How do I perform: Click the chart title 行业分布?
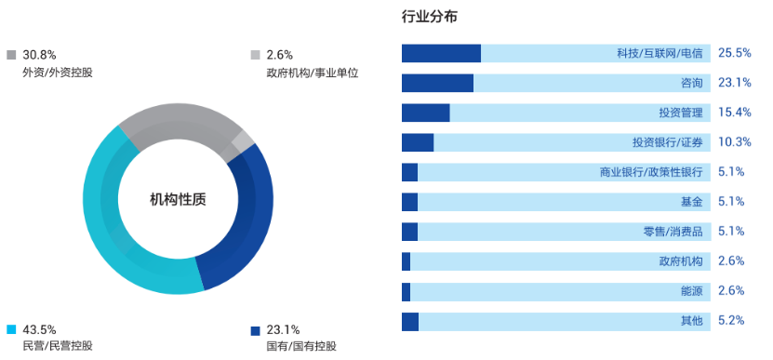coord(429,17)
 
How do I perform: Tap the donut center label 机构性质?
coord(178,199)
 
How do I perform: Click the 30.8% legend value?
coord(40,55)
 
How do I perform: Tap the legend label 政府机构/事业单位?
coord(312,73)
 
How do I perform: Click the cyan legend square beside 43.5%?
coord(11,329)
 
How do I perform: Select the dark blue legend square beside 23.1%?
coord(255,329)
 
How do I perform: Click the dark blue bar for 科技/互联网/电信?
coord(441,53)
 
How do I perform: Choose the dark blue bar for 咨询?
coord(437,83)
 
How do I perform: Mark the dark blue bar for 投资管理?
coord(425,113)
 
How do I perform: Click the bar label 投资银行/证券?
coord(667,142)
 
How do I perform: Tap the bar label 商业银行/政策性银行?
coord(651,172)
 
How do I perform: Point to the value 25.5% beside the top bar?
coord(734,53)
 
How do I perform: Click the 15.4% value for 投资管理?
coord(734,113)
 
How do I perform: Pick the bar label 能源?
coord(692,291)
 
